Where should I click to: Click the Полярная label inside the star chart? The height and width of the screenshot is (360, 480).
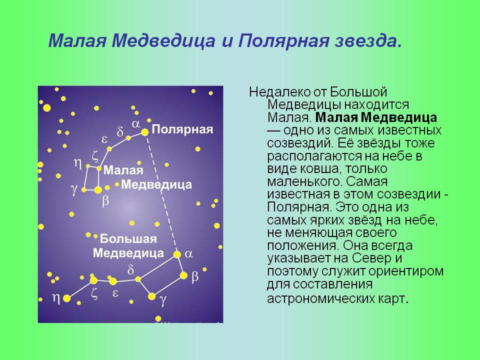point(182,129)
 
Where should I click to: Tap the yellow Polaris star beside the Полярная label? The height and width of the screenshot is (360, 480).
point(144,132)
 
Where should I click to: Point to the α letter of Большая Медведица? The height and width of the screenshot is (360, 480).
point(188,253)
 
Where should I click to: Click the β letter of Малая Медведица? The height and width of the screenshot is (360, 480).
point(105,200)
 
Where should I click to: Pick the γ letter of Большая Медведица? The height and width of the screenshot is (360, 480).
point(162,300)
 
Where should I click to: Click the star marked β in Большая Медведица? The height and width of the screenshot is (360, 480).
point(183,275)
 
